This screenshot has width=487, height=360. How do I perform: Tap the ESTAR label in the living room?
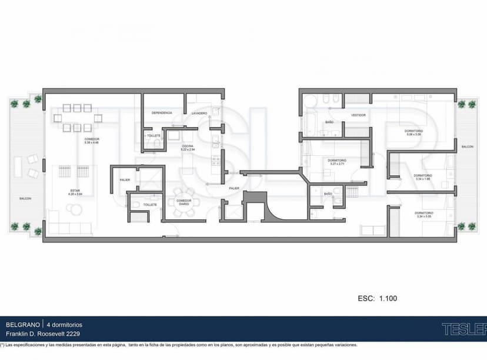(x=75, y=191)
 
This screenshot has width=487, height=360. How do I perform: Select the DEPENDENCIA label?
(x=162, y=112)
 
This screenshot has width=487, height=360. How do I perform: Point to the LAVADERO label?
(x=199, y=112)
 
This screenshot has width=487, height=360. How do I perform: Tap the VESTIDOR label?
(x=358, y=115)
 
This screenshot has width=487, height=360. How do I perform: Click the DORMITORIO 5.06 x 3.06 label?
(x=413, y=132)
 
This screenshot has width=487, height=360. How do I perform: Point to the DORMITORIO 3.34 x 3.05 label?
(x=423, y=214)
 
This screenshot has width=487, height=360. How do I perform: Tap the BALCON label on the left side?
(x=25, y=198)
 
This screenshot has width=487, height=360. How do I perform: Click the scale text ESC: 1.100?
(x=377, y=298)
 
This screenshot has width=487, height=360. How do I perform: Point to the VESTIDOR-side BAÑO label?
(x=329, y=122)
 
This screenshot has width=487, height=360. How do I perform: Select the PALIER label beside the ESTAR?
(x=125, y=179)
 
